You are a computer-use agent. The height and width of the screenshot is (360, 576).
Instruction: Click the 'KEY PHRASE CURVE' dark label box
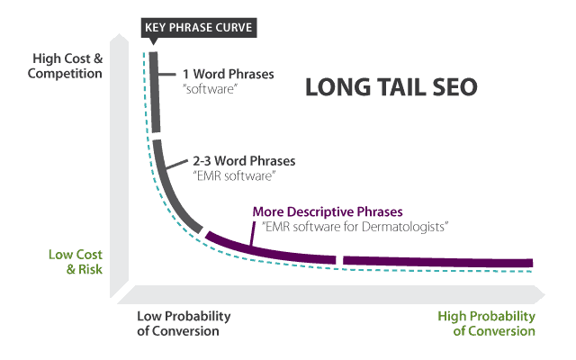(x=199, y=28)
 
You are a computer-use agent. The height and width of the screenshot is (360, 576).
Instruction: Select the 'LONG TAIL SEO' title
(x=391, y=87)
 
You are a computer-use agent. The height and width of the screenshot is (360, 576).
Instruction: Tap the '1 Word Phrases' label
(x=228, y=74)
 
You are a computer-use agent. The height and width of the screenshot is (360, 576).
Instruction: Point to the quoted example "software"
(x=210, y=89)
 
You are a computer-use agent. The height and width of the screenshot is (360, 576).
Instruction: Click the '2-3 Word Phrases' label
(x=244, y=161)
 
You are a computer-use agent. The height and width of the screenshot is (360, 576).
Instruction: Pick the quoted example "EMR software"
(x=234, y=176)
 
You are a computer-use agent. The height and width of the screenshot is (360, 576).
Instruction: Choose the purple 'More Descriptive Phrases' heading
(x=328, y=211)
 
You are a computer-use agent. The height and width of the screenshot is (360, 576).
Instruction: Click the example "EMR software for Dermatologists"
(x=355, y=227)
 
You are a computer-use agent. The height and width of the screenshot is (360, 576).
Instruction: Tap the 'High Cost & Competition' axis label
(x=66, y=66)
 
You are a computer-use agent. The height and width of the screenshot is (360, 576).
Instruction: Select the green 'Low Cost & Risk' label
(x=76, y=262)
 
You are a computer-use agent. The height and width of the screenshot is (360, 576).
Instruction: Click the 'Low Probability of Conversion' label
(x=184, y=323)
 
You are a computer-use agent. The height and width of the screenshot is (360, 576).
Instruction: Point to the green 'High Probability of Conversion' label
(x=486, y=323)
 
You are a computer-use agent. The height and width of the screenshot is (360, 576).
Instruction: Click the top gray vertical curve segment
(x=155, y=92)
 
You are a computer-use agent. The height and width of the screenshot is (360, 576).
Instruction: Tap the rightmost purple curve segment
(x=438, y=262)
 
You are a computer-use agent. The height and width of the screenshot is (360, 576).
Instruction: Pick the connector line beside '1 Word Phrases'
(x=166, y=74)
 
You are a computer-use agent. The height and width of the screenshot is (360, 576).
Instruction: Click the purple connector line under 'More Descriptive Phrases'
(x=252, y=233)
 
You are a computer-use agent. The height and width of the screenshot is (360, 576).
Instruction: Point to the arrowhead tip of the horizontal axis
(x=544, y=294)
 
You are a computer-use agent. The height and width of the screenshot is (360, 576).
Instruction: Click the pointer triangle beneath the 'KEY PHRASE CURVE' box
(x=154, y=41)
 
